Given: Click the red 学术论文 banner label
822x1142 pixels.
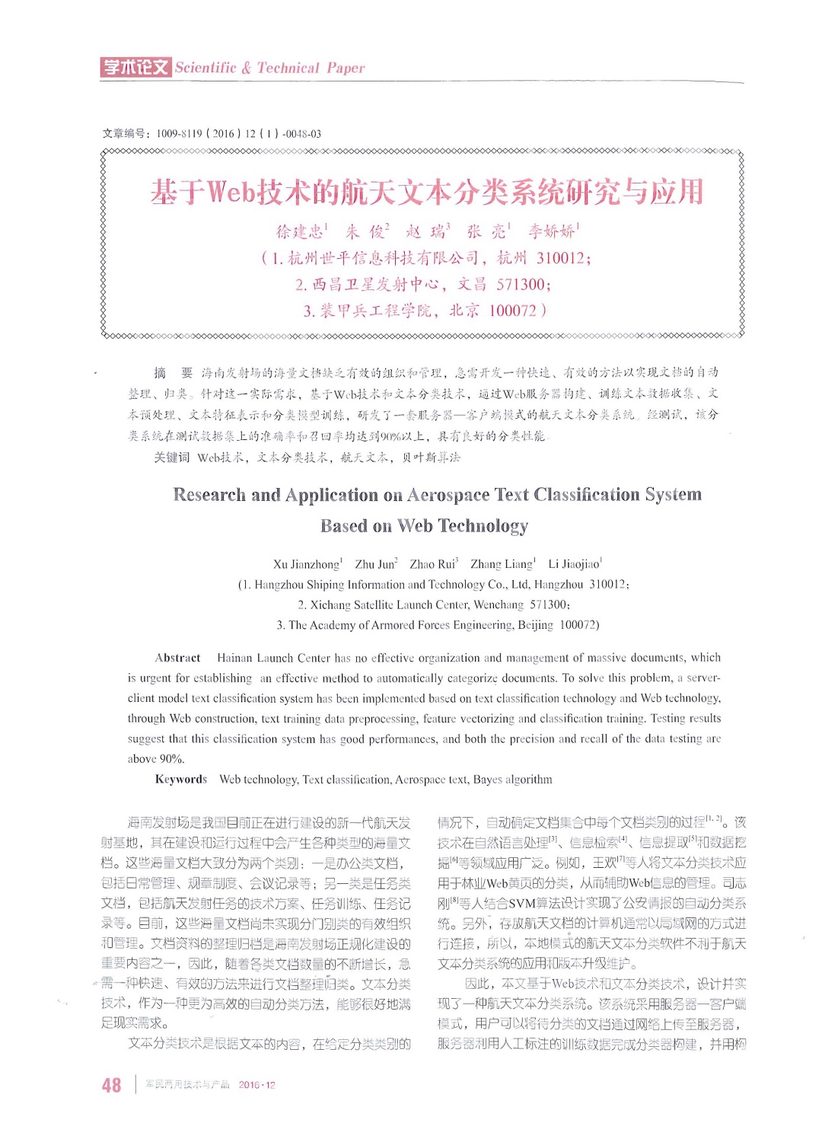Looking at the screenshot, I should [135, 67].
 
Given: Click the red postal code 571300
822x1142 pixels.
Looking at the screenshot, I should [521, 285].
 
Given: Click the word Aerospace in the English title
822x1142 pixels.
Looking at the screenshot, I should [448, 496].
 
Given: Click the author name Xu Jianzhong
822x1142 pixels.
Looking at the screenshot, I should [306, 565].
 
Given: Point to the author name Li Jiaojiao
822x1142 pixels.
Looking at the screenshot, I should [573, 565].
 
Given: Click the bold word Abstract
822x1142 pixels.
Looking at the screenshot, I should [177, 659].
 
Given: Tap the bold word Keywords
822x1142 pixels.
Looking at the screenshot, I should [181, 780].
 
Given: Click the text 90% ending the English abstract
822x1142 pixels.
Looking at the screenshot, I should [170, 759].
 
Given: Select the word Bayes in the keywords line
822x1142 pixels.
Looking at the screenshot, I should [489, 780].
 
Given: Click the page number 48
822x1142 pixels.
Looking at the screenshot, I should [111, 1085].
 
